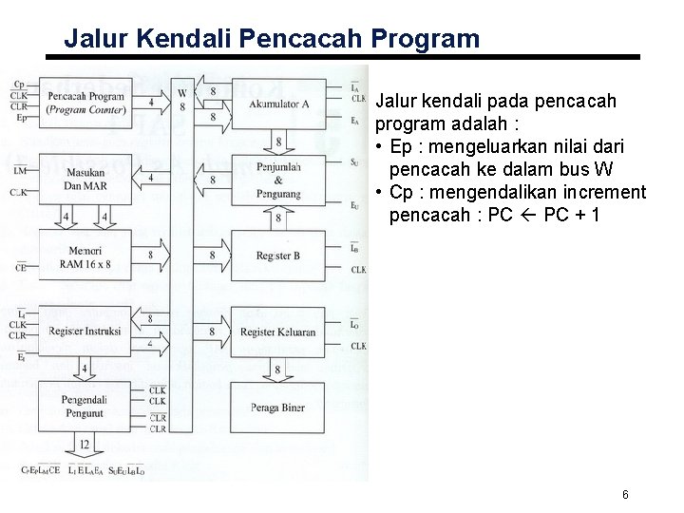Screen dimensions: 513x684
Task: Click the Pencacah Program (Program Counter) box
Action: coord(85,101)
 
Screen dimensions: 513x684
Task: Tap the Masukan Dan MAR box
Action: coord(85,178)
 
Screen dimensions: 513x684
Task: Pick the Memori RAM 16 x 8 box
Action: coord(85,255)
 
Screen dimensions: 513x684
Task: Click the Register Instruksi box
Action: coord(85,332)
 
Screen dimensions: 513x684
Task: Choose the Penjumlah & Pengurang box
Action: coord(277,178)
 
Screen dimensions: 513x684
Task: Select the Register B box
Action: coord(277,255)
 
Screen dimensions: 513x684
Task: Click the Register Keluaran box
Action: coord(277,332)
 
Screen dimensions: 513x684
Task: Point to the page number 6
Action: coord(625,494)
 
